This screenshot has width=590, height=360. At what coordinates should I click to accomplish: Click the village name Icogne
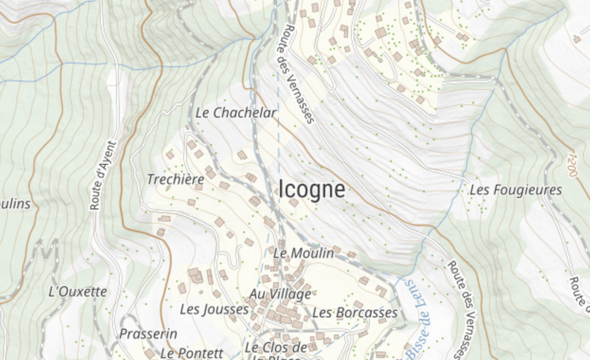click(312, 189)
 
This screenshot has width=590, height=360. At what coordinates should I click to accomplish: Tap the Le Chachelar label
click(236, 113)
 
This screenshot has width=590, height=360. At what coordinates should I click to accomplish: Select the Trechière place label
click(175, 180)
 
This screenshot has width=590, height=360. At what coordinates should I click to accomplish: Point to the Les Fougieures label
click(516, 190)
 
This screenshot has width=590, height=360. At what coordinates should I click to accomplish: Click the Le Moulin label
click(304, 253)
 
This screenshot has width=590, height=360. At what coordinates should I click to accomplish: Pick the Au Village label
click(280, 294)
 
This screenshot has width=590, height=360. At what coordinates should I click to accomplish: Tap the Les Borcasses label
click(355, 313)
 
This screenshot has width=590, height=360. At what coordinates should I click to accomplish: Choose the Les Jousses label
click(214, 309)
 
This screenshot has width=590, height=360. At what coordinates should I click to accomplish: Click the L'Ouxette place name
click(78, 291)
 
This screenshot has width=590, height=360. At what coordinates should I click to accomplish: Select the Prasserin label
click(148, 333)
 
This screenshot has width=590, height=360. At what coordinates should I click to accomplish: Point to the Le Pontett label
click(191, 353)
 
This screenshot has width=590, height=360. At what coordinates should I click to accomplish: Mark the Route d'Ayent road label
click(103, 175)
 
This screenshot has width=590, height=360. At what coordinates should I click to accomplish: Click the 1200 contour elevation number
click(572, 164)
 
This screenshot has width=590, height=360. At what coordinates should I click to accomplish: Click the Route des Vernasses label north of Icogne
click(300, 74)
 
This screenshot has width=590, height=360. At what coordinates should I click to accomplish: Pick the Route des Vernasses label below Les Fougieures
click(462, 308)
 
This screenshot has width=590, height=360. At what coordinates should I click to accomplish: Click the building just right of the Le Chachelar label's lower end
click(242, 155)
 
